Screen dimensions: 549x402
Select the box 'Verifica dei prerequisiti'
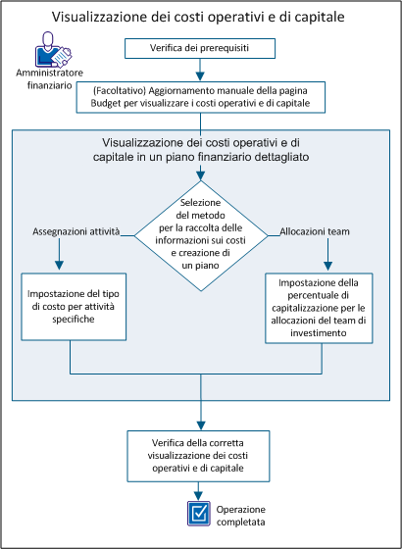point(200,49)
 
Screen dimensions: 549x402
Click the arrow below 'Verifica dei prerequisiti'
point(200,69)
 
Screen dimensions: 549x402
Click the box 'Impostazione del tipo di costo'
point(75,305)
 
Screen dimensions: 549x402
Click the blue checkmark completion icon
point(200,512)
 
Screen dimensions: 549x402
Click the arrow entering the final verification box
point(200,417)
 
